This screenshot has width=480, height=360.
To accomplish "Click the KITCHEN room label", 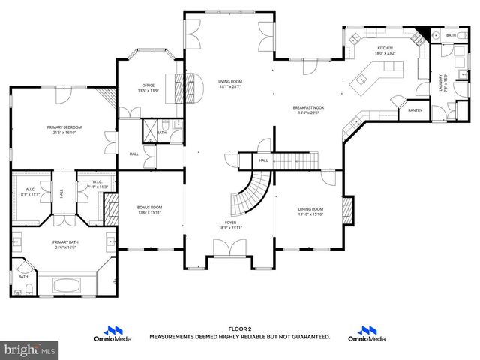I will click(385, 48).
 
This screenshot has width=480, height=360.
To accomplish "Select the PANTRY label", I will click(415, 110).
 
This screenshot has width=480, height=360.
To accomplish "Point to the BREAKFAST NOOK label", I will click(307, 108).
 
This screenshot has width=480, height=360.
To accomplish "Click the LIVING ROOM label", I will click(230, 81).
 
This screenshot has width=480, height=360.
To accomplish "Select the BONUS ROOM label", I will click(150, 207).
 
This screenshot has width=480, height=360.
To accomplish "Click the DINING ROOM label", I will click(310, 208).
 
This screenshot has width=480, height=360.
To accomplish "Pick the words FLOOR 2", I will click(239, 329).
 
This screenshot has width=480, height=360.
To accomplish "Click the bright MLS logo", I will click(29, 350).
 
